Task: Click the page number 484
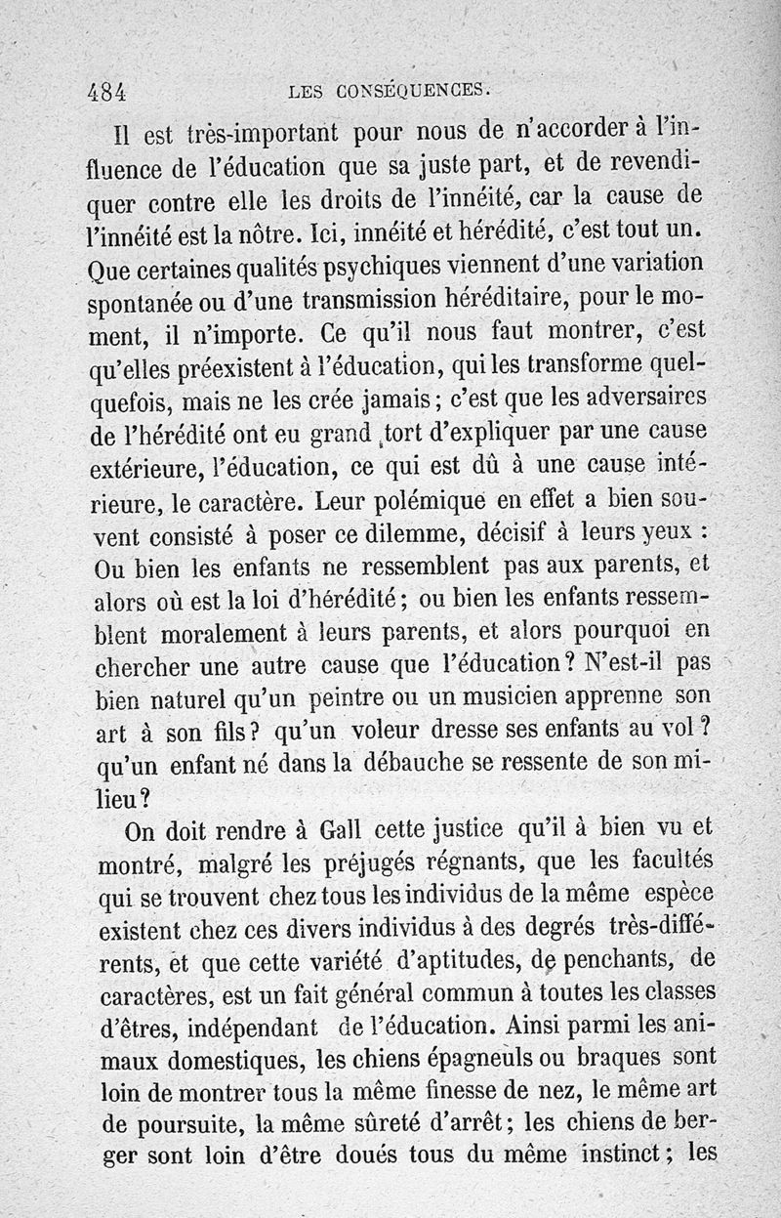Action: pyautogui.click(x=107, y=93)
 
